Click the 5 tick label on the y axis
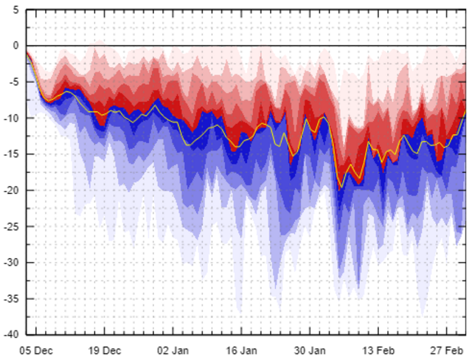pos(15,10)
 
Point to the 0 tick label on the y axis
pos(15,46)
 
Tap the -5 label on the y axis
pos(14,82)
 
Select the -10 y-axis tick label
pos(12,118)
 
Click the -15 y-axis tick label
pos(12,154)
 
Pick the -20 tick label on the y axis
pos(12,190)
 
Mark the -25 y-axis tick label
pos(12,226)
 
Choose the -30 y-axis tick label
pos(12,263)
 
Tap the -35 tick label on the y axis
pos(12,299)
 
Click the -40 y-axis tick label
pos(12,334)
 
